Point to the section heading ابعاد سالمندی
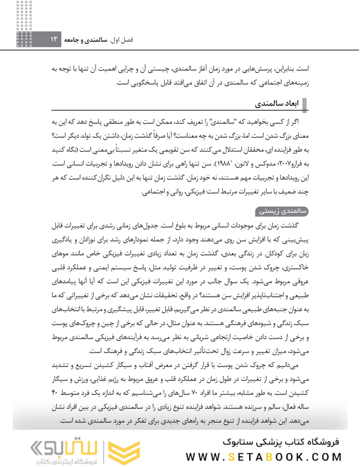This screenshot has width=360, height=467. point(278,104)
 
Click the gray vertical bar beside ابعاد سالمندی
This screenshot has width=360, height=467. point(304,104)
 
